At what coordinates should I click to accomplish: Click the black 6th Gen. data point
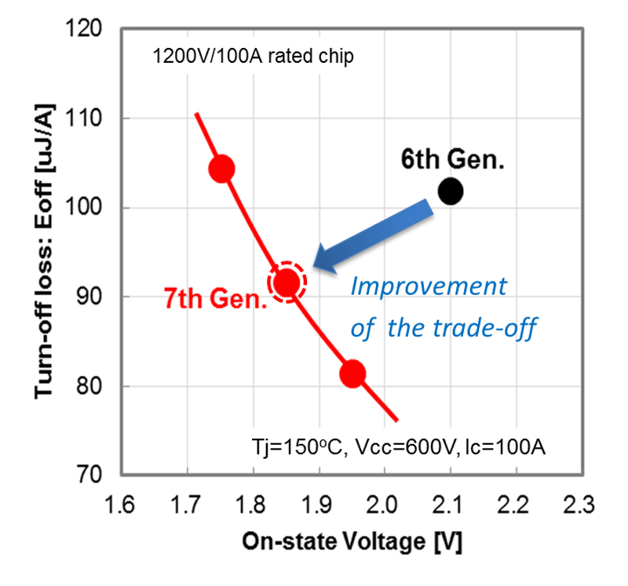[x=451, y=190]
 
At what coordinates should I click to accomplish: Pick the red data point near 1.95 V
[x=352, y=373]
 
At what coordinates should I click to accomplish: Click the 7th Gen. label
[x=214, y=299]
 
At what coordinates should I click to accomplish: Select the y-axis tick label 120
[x=91, y=30]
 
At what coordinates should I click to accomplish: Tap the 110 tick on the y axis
[x=91, y=119]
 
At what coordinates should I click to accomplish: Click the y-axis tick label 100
[x=91, y=209]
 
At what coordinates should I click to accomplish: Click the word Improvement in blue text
[x=428, y=286]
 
